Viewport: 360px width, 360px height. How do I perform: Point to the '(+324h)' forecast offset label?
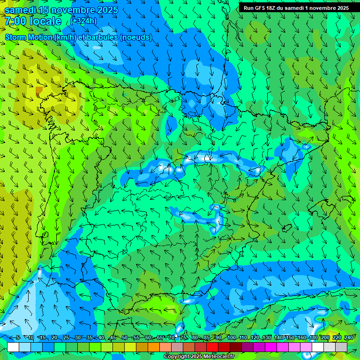84,21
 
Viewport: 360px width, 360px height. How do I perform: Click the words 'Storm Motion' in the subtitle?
28,37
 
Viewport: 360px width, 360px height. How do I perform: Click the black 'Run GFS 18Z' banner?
296,8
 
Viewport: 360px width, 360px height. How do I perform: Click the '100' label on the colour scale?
231,337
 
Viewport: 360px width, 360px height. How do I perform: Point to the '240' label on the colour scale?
348,337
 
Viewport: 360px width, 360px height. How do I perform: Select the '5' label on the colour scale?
18,337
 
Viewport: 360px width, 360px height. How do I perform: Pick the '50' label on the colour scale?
124,337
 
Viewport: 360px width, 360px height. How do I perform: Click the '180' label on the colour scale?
313,337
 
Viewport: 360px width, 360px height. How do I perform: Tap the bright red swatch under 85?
212,347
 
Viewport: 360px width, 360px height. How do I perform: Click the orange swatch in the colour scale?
154,347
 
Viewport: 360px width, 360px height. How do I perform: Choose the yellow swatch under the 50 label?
130,347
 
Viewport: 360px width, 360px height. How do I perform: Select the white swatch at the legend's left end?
13,347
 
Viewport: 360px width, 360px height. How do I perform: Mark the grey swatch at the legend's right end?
341,347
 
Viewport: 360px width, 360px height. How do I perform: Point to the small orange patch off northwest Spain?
39,90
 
